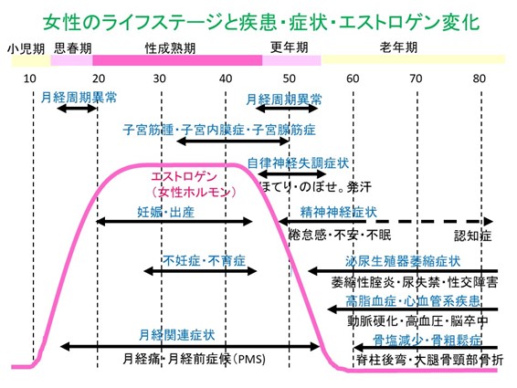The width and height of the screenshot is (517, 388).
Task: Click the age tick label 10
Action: [x=29, y=79]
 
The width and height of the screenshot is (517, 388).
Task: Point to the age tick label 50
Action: [x=289, y=79]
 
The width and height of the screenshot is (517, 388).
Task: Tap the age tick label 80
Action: [x=479, y=79]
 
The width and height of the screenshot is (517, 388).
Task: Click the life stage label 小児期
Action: [x=26, y=49]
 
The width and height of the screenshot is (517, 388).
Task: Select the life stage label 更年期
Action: [x=290, y=47]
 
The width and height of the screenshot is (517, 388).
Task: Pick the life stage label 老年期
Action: [x=398, y=47]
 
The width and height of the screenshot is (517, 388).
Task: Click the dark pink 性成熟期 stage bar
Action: [x=177, y=60]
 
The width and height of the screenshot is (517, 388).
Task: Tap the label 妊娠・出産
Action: [x=166, y=212]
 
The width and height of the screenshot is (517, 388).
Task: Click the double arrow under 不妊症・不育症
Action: [x=200, y=271]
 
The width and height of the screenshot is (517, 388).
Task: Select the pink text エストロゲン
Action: [x=184, y=176]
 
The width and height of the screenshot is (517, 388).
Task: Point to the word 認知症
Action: [x=473, y=236]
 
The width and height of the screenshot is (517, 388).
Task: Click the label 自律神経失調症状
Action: [x=298, y=163]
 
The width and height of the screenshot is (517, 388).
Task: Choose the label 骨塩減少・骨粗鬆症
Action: [x=427, y=340]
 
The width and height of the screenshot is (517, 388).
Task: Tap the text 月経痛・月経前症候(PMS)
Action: [x=195, y=359]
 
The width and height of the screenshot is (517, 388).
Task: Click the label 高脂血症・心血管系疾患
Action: [x=413, y=300]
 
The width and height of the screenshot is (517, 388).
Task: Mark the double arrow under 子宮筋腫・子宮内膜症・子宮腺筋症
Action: [x=233, y=142]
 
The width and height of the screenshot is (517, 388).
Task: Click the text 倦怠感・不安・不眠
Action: [x=340, y=235]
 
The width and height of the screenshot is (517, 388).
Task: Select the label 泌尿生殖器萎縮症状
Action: [x=403, y=261]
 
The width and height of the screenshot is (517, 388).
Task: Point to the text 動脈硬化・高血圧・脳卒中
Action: [x=417, y=320]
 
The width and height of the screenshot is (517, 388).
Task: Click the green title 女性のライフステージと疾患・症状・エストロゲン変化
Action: [x=261, y=23]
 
